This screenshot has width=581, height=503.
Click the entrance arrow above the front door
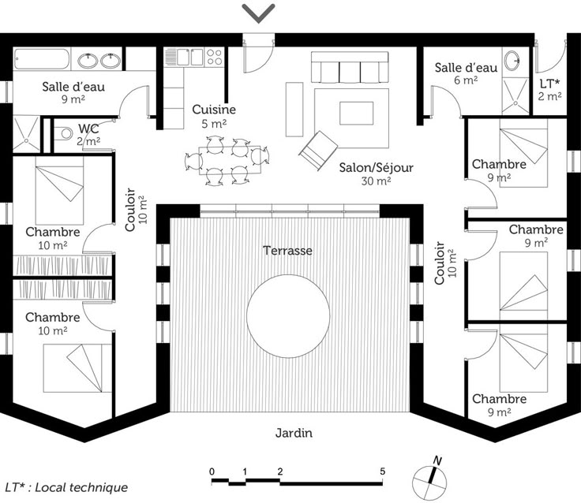(x=258, y=13)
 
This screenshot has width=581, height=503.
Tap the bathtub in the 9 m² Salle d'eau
(x=42, y=59)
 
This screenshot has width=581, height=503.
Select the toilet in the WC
(x=63, y=133)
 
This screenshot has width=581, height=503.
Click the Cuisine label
(x=214, y=110)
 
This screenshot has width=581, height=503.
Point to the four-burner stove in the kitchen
(x=214, y=57)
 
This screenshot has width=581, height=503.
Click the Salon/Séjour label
(x=376, y=168)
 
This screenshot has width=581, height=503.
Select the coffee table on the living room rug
(x=356, y=114)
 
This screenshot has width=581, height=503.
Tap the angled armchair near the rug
(x=319, y=151)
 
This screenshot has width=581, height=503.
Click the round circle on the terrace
(x=288, y=316)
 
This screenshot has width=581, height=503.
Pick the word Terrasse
(x=287, y=251)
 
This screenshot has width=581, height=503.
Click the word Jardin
(x=294, y=433)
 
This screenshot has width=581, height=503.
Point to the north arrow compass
(x=429, y=480)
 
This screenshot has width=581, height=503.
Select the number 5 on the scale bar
(x=382, y=471)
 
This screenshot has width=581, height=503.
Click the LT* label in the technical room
(x=549, y=84)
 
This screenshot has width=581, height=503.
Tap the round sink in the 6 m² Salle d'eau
(x=512, y=59)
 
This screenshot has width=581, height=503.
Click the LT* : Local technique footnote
(x=66, y=487)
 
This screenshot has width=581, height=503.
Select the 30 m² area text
(x=376, y=181)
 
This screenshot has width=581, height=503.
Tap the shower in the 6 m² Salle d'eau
(x=515, y=96)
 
